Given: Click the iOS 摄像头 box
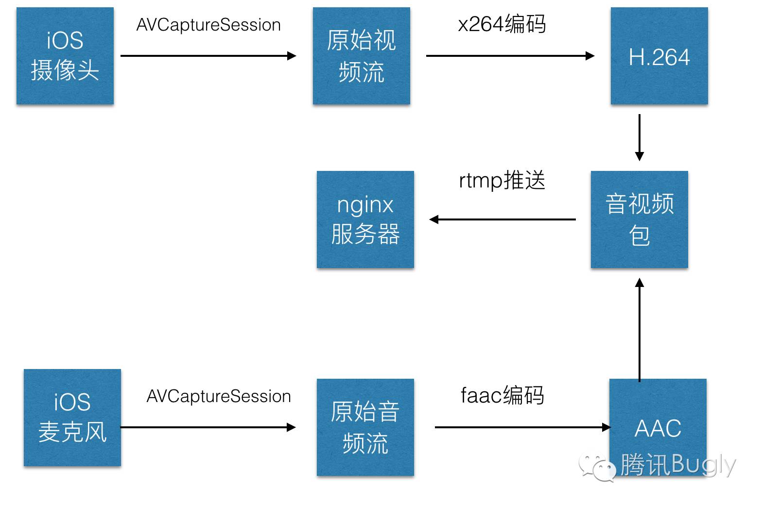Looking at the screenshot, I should (65, 56).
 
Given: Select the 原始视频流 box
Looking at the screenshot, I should (362, 56).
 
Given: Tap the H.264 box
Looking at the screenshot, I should (659, 56).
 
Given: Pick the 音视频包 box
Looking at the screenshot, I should (640, 219).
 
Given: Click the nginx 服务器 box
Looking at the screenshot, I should (365, 219).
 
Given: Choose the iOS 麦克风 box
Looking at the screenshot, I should (72, 418).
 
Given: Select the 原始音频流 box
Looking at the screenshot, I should (365, 427).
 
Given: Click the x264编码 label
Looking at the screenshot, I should (502, 24).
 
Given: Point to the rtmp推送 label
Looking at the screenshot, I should (502, 181).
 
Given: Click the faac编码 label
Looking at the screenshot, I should (502, 395).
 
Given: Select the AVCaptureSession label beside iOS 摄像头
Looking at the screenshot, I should (208, 25).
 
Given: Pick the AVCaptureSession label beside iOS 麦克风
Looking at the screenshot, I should (219, 396).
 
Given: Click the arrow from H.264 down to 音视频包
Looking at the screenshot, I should (640, 137).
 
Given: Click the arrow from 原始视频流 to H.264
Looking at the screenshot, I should (510, 56).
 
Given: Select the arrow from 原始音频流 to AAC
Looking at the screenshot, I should (522, 427).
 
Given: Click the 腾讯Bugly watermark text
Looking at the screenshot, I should (678, 465).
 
